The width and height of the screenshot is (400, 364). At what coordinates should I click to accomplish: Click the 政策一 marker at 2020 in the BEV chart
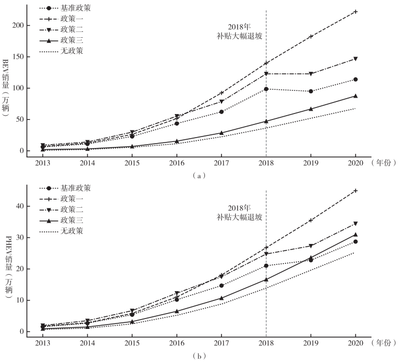tap(356, 12)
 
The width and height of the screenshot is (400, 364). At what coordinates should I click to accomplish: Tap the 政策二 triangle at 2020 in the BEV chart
tap(356, 59)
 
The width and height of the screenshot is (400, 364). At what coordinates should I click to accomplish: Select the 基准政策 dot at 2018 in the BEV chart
tap(266, 89)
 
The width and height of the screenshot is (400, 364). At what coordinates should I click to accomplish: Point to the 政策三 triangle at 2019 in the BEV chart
tap(311, 109)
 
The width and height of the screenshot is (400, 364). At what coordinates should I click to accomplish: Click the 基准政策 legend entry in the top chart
tap(76, 8)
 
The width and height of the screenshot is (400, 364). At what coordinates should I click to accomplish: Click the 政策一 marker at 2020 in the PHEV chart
tap(356, 191)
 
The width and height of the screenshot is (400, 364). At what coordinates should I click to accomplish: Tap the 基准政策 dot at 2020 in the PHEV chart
tap(356, 242)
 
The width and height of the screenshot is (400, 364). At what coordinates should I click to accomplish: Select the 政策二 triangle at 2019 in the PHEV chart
tap(311, 246)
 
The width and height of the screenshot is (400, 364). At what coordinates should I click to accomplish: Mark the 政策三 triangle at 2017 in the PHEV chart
tap(221, 298)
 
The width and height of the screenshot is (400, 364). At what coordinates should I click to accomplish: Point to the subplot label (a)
tap(199, 175)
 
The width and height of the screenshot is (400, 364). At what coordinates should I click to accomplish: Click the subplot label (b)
tap(199, 356)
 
